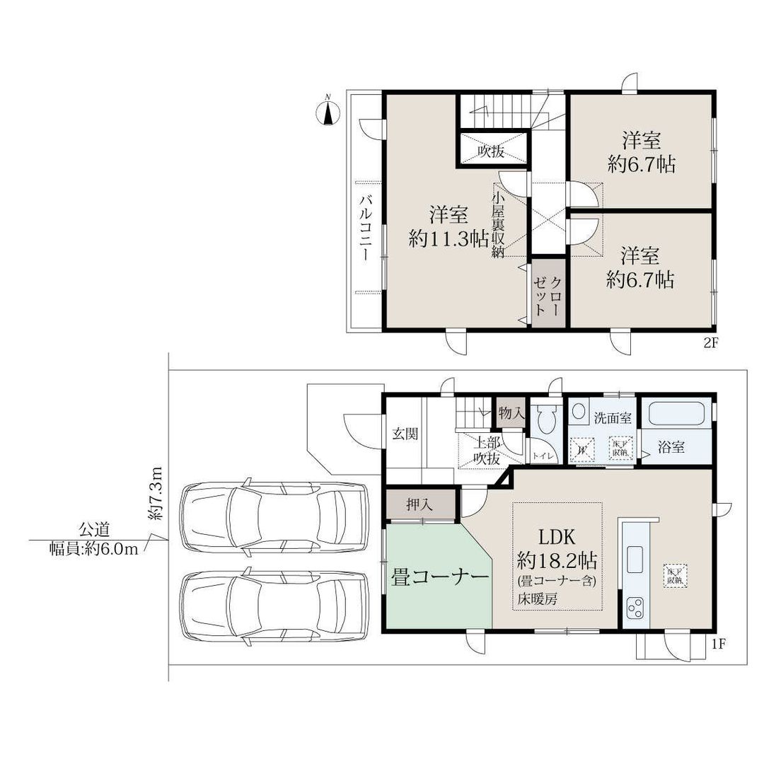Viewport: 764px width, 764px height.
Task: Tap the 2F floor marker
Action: (710, 345)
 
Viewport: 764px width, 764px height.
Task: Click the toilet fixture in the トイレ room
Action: (545, 422)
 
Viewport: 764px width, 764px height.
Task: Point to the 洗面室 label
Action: (613, 417)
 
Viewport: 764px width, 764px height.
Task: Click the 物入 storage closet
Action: (510, 413)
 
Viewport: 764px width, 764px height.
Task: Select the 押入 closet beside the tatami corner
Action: (420, 505)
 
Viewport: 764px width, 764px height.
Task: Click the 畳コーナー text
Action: (440, 577)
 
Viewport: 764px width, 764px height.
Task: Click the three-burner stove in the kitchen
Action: (635, 608)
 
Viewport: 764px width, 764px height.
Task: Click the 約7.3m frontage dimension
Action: (157, 494)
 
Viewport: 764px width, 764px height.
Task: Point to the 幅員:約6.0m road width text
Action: (93, 550)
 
